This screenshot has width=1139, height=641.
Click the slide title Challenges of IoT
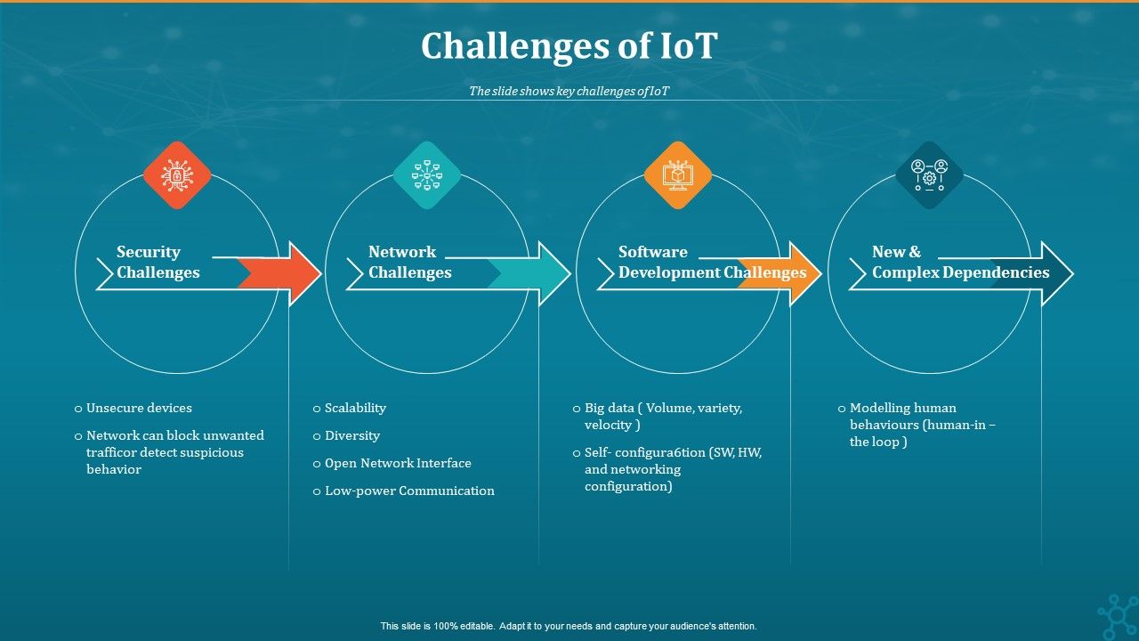click(x=569, y=46)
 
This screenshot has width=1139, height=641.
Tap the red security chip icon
click(x=177, y=175)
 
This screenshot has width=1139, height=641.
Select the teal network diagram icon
click(x=427, y=175)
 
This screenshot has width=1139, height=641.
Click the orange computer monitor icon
click(x=678, y=175)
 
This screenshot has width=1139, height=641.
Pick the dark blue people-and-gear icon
click(x=929, y=175)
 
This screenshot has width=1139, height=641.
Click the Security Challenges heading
click(x=158, y=263)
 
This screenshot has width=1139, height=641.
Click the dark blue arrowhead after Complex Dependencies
click(x=1054, y=274)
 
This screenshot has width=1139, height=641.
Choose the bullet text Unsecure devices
click(x=139, y=408)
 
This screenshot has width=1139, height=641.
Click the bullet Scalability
click(x=355, y=408)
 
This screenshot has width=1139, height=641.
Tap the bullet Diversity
click(x=352, y=435)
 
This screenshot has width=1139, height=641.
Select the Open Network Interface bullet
click(x=398, y=463)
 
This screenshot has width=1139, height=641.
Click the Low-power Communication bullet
click(x=409, y=491)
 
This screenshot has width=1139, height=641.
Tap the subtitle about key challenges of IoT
click(x=569, y=91)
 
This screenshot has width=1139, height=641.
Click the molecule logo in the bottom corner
click(x=1117, y=617)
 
